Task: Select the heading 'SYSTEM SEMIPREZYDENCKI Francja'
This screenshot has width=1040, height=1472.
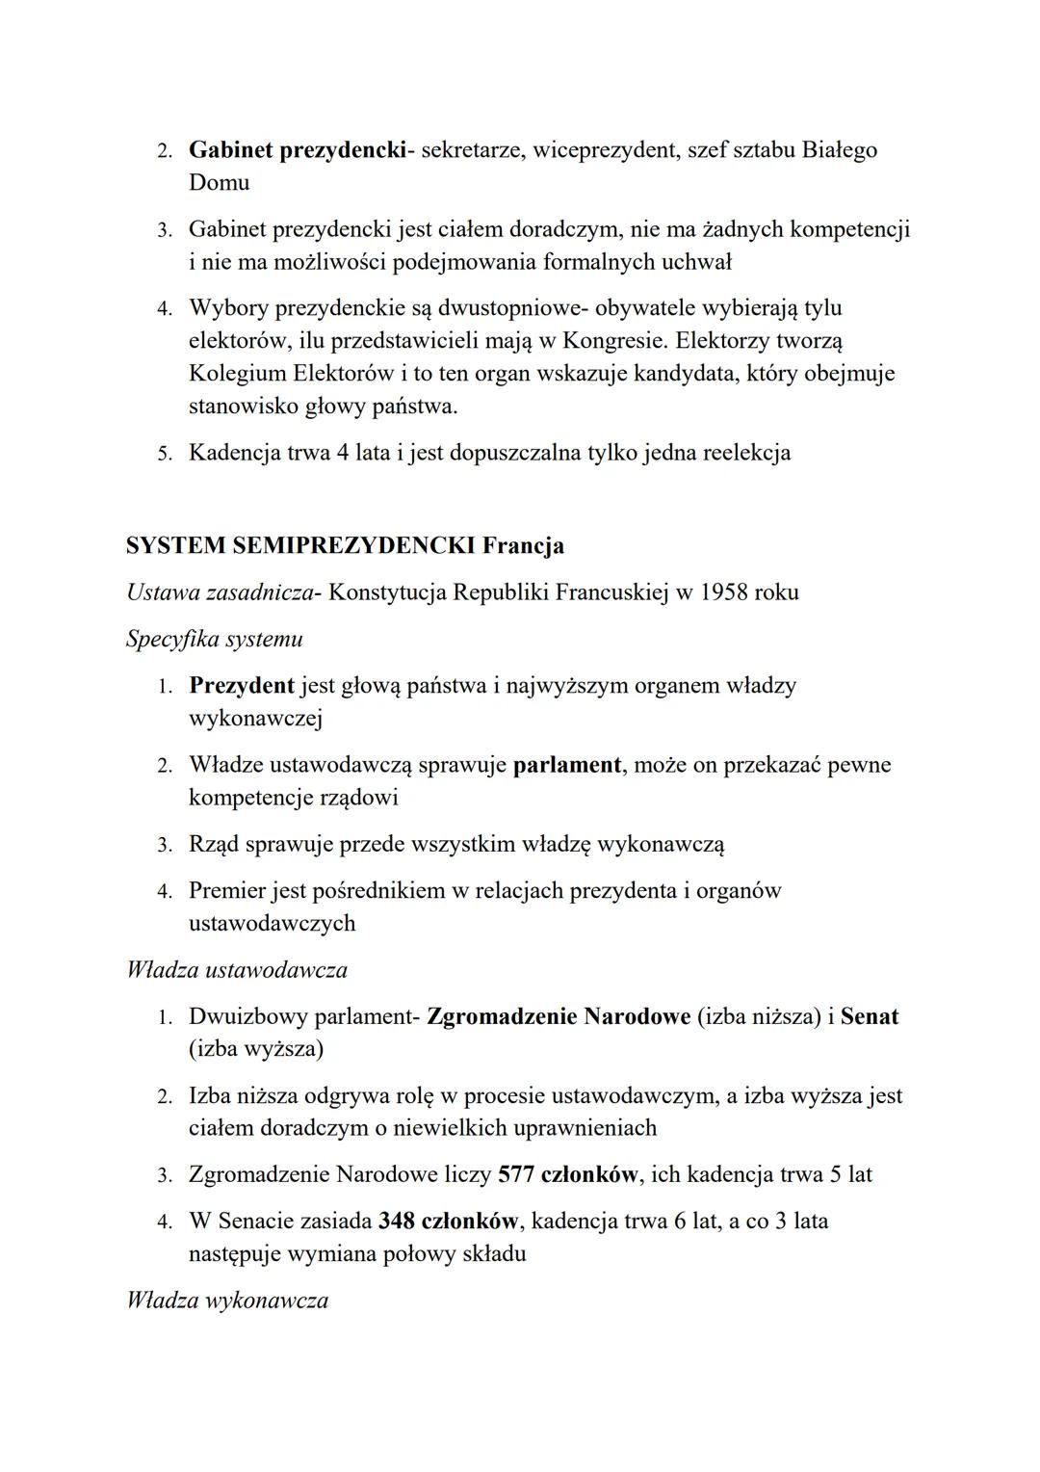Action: click(345, 545)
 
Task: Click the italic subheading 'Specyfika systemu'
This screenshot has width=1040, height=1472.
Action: click(214, 638)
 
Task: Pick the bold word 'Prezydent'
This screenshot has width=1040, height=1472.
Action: click(241, 685)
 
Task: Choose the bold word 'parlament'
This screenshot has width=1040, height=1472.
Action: click(567, 765)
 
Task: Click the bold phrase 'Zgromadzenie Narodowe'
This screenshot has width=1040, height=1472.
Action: click(558, 1016)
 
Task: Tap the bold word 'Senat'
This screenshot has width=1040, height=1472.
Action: click(869, 1016)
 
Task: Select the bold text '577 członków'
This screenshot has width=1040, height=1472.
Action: click(568, 1174)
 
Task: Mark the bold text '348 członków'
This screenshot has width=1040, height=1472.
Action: click(449, 1221)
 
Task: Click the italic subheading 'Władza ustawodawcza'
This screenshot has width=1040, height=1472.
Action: click(236, 969)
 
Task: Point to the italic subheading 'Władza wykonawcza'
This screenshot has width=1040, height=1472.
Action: click(227, 1301)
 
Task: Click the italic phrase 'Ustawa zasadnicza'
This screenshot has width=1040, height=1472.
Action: click(221, 591)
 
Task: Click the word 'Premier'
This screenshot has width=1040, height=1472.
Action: click(226, 890)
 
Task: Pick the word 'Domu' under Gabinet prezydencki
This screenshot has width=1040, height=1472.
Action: click(219, 182)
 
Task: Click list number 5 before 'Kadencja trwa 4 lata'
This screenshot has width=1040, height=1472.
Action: click(165, 453)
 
